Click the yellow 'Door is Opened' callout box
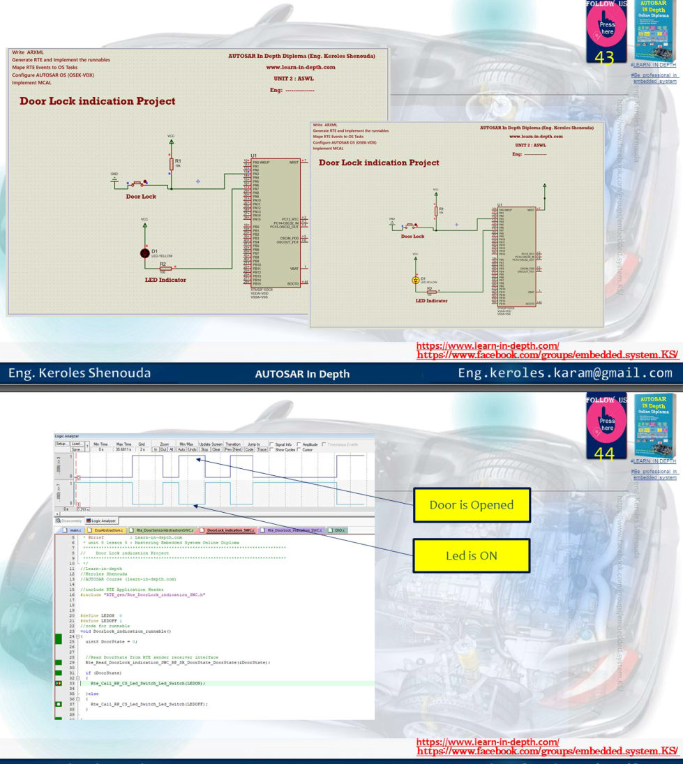(x=472, y=505)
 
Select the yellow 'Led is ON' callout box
(x=472, y=556)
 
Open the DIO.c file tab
(x=338, y=530)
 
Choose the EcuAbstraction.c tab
(x=107, y=530)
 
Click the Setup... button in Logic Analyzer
(x=61, y=444)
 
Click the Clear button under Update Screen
(x=216, y=449)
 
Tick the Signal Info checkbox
(x=272, y=444)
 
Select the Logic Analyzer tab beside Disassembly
(x=102, y=520)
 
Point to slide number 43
(x=604, y=57)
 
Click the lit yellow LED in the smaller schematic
(x=415, y=280)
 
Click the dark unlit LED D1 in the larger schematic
(x=144, y=253)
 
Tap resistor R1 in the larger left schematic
(x=171, y=163)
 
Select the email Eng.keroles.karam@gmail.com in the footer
(x=564, y=373)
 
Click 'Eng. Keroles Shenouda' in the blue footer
(x=80, y=373)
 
